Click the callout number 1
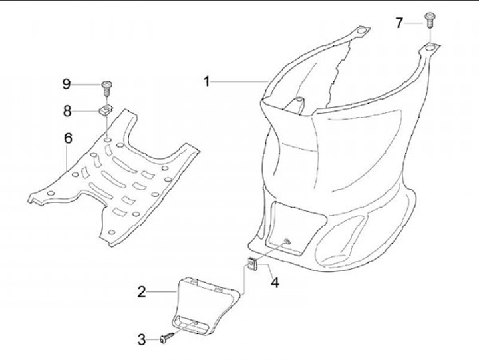tap(207, 82)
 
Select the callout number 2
tap(142, 292)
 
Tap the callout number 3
tap(142, 339)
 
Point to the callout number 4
tap(275, 283)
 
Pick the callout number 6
tap(68, 138)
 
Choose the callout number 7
tap(399, 23)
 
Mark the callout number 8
tap(67, 111)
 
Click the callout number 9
tap(67, 83)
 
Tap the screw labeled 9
tap(106, 89)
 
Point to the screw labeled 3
tap(166, 337)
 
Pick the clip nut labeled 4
tap(252, 264)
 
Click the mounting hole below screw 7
tap(430, 47)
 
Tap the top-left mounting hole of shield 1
tap(361, 31)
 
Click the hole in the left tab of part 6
tap(51, 194)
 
